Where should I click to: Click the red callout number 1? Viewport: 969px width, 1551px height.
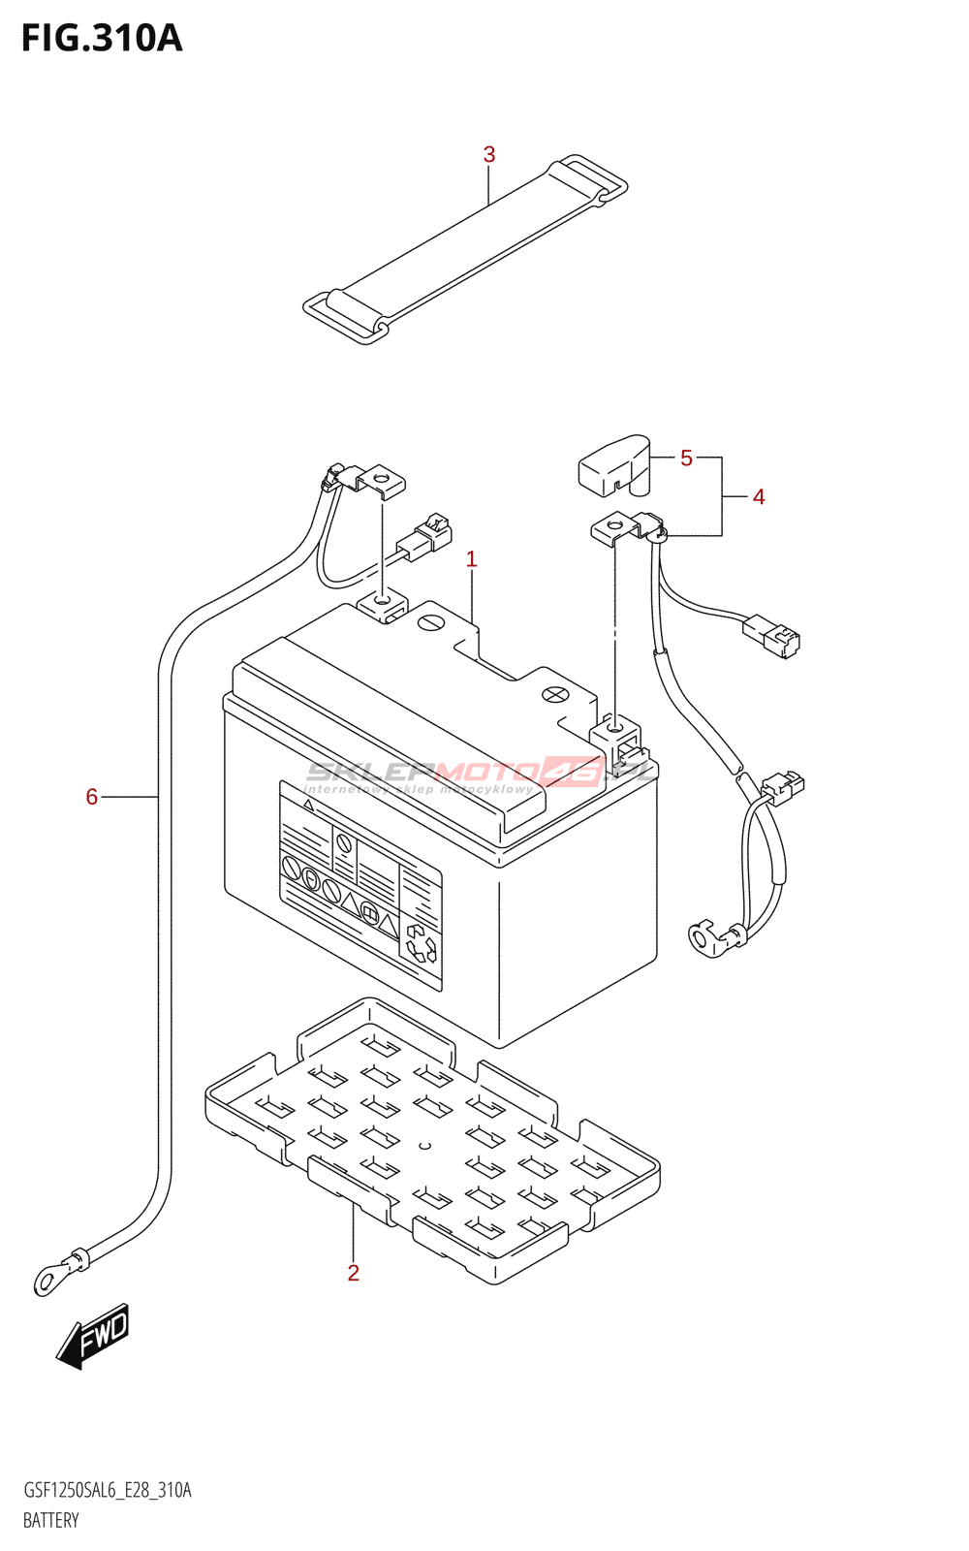tap(472, 558)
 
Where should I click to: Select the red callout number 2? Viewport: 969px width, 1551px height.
tap(354, 1273)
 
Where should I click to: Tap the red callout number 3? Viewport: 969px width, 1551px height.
tap(489, 154)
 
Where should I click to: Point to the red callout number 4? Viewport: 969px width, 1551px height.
tap(759, 496)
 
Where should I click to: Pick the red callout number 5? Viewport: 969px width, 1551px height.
tap(686, 458)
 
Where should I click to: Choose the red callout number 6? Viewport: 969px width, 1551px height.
tap(92, 797)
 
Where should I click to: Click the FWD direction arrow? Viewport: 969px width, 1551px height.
tap(93, 1336)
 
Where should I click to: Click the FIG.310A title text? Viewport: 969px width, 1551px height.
tap(102, 38)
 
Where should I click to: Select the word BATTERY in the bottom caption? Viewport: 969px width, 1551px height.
tap(50, 1520)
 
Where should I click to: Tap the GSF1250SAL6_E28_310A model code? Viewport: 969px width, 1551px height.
tap(107, 1490)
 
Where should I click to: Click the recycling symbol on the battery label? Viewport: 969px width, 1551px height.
tap(422, 942)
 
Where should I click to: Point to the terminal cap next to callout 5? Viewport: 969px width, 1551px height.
tap(614, 464)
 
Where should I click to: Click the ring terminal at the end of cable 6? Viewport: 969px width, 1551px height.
tap(47, 1281)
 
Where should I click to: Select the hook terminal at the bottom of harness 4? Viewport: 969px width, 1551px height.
tap(702, 938)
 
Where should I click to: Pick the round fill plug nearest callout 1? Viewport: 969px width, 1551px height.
tap(431, 622)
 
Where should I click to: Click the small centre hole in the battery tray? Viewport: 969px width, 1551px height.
tap(423, 1146)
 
